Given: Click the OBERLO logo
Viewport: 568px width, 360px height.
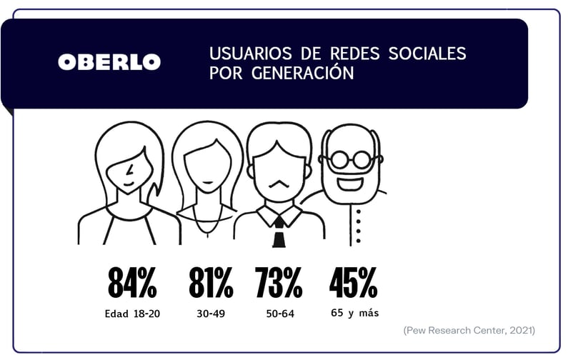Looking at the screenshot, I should pos(109,62).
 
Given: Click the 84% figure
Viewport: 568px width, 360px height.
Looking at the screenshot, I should pos(132,284).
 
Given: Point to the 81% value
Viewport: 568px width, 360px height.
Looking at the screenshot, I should pos(211,284).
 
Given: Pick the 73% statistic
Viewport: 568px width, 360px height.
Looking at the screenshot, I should pos(279,284).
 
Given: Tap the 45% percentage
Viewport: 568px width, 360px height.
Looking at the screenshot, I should pos(354,284).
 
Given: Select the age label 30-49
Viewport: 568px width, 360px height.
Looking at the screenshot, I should pos(211,314).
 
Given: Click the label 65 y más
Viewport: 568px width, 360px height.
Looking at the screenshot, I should pos(355,313).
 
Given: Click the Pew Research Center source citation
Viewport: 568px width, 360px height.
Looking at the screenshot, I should pos(469,330).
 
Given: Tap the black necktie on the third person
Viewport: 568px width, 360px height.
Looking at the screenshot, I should pos(279,231).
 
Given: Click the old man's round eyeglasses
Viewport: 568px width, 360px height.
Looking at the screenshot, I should pos(351,159).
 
